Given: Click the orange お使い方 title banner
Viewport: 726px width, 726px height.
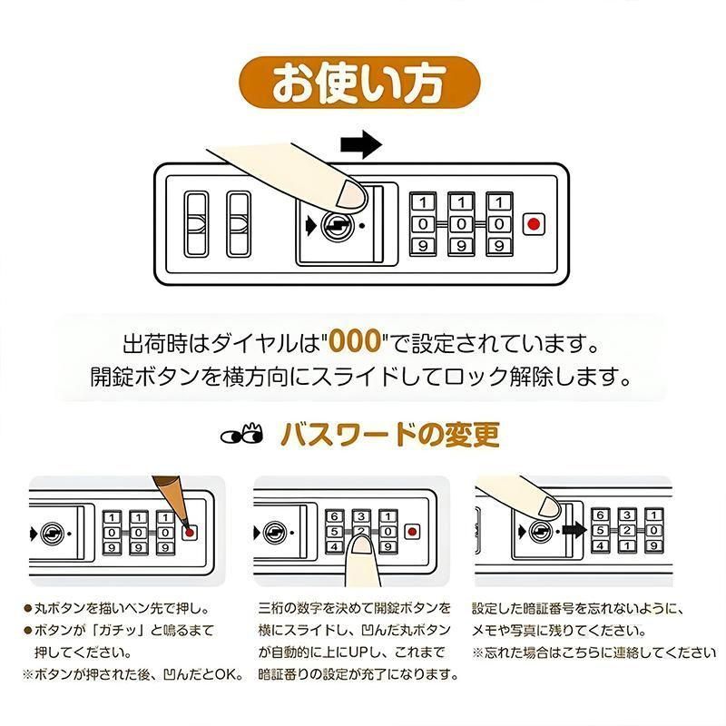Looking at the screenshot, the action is (x=359, y=83).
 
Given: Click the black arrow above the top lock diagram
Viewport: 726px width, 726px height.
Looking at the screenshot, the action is (x=361, y=144).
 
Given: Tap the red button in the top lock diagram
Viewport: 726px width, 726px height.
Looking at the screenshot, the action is (x=534, y=224).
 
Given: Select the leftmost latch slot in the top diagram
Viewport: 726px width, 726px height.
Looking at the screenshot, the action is (x=196, y=223).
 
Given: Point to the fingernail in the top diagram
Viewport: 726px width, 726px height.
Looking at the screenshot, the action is (x=350, y=194).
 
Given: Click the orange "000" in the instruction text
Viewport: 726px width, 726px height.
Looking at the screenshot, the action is (x=355, y=342).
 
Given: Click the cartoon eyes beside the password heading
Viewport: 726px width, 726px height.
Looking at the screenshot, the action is (x=242, y=434).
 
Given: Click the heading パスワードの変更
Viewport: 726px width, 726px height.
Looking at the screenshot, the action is (x=390, y=435).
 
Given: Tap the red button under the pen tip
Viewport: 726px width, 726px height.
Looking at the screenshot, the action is (x=189, y=533).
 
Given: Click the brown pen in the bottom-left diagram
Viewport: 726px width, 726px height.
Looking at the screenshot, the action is (x=172, y=501).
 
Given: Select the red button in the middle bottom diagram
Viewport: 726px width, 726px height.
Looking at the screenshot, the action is (x=412, y=532).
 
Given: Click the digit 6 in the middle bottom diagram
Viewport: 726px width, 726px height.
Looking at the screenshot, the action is (x=334, y=516).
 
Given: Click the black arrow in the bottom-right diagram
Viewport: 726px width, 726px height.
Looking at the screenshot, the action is (x=574, y=530).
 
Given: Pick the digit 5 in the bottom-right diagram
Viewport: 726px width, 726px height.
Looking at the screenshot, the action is (x=600, y=530).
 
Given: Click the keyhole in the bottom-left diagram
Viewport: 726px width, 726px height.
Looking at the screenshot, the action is (x=53, y=534).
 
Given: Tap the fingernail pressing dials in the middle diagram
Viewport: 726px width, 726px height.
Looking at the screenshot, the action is (x=362, y=545).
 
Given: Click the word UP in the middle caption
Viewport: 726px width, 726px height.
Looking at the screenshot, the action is (x=358, y=652).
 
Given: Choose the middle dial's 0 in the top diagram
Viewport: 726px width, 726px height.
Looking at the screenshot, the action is (x=461, y=224).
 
